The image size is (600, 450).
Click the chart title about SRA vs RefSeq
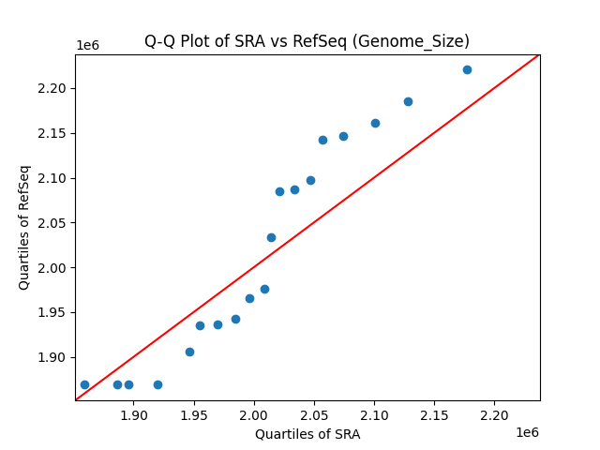(307, 41)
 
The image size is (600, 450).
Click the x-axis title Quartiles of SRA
(307, 434)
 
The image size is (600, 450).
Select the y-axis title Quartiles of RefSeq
(25, 227)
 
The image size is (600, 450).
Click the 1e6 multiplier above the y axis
(87, 45)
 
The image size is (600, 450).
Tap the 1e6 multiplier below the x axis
(526, 432)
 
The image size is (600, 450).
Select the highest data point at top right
(467, 69)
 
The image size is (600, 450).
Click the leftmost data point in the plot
(84, 384)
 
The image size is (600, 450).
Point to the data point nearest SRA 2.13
(408, 101)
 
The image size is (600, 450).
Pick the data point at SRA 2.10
(375, 123)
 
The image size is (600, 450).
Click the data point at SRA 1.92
(157, 384)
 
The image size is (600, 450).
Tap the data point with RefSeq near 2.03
(271, 237)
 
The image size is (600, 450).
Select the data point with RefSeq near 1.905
(189, 352)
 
